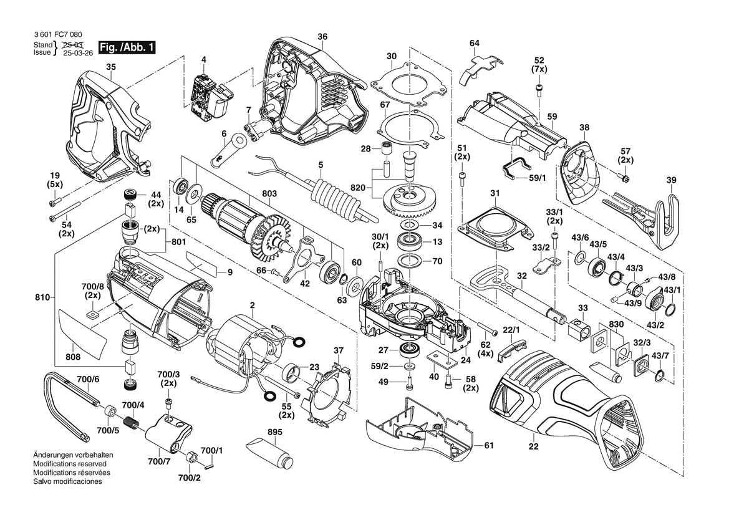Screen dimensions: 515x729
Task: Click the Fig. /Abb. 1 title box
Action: tap(127, 47)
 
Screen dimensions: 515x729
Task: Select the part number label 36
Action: tap(322, 37)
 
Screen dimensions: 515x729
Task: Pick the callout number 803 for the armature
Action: tap(269, 195)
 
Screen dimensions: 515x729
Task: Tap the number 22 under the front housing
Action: tap(533, 446)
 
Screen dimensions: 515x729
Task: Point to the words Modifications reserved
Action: tap(69, 464)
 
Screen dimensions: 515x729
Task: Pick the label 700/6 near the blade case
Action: tap(88, 379)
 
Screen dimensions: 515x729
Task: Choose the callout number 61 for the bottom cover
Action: tap(489, 445)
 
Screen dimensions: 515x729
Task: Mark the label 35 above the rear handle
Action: tap(110, 67)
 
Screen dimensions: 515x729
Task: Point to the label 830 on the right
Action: tap(616, 325)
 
